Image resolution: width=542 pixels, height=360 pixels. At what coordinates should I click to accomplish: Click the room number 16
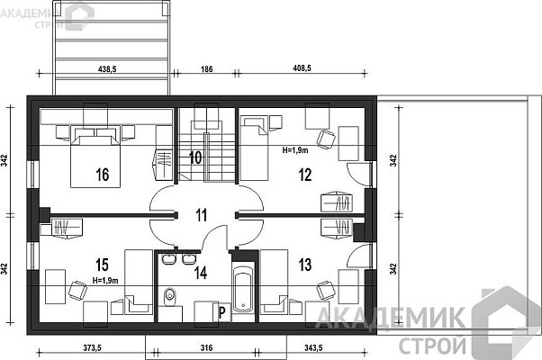point(103,175)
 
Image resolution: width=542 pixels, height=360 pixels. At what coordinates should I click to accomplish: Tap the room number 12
point(305,175)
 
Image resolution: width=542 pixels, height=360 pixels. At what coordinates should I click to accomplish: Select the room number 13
point(305,265)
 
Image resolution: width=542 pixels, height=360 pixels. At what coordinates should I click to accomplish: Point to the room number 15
point(103,265)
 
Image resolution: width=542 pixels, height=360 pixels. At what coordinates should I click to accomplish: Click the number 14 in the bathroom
point(201,273)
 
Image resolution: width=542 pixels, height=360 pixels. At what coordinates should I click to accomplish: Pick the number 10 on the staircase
point(195,157)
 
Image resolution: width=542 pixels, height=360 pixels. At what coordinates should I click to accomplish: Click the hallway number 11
point(201,215)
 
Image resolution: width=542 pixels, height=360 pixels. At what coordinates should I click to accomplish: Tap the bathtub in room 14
point(243,288)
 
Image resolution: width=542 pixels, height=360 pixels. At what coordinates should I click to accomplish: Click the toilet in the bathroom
point(170,296)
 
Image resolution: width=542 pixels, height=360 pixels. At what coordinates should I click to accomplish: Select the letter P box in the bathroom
point(221,312)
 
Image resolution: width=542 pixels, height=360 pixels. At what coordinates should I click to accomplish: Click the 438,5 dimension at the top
point(107,69)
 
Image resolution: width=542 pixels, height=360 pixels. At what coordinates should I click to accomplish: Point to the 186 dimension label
point(206,69)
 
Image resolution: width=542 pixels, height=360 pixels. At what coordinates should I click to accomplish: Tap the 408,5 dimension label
point(302,68)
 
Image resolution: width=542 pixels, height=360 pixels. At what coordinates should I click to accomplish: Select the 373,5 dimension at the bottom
point(92,348)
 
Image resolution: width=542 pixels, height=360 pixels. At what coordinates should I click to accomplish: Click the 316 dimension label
point(206,348)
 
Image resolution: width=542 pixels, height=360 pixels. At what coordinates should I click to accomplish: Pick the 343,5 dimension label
point(313,348)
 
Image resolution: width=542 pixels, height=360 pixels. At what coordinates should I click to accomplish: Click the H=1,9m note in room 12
point(295,150)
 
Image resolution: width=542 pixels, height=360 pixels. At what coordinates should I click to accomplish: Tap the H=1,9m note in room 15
point(105,281)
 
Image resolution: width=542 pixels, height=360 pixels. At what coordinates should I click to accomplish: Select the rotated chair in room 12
point(326,139)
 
